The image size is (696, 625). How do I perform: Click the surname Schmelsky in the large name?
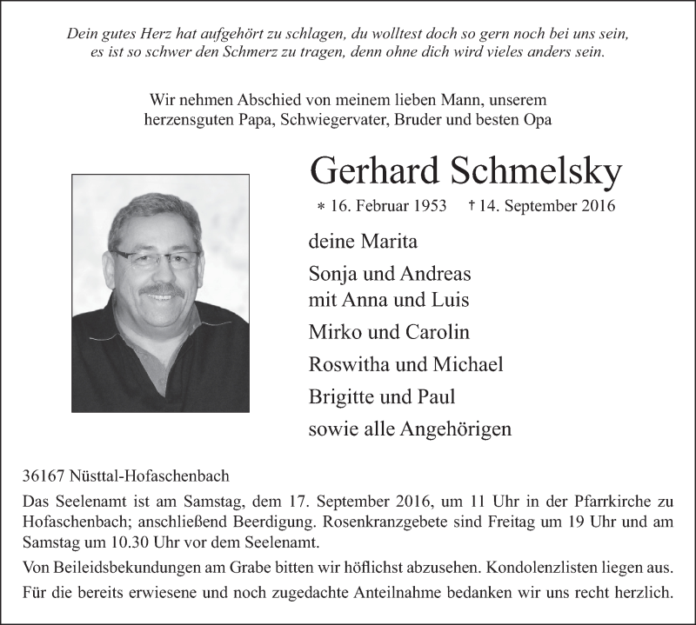pyautogui.click(x=536, y=172)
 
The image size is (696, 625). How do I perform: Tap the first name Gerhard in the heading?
pyautogui.click(x=374, y=172)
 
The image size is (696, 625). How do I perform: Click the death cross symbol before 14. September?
pyautogui.click(x=472, y=206)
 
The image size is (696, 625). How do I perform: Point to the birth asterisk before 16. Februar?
pyautogui.click(x=321, y=208)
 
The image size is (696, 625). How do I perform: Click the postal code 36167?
pyautogui.click(x=45, y=476)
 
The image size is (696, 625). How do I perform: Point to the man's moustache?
pyautogui.click(x=163, y=289)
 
